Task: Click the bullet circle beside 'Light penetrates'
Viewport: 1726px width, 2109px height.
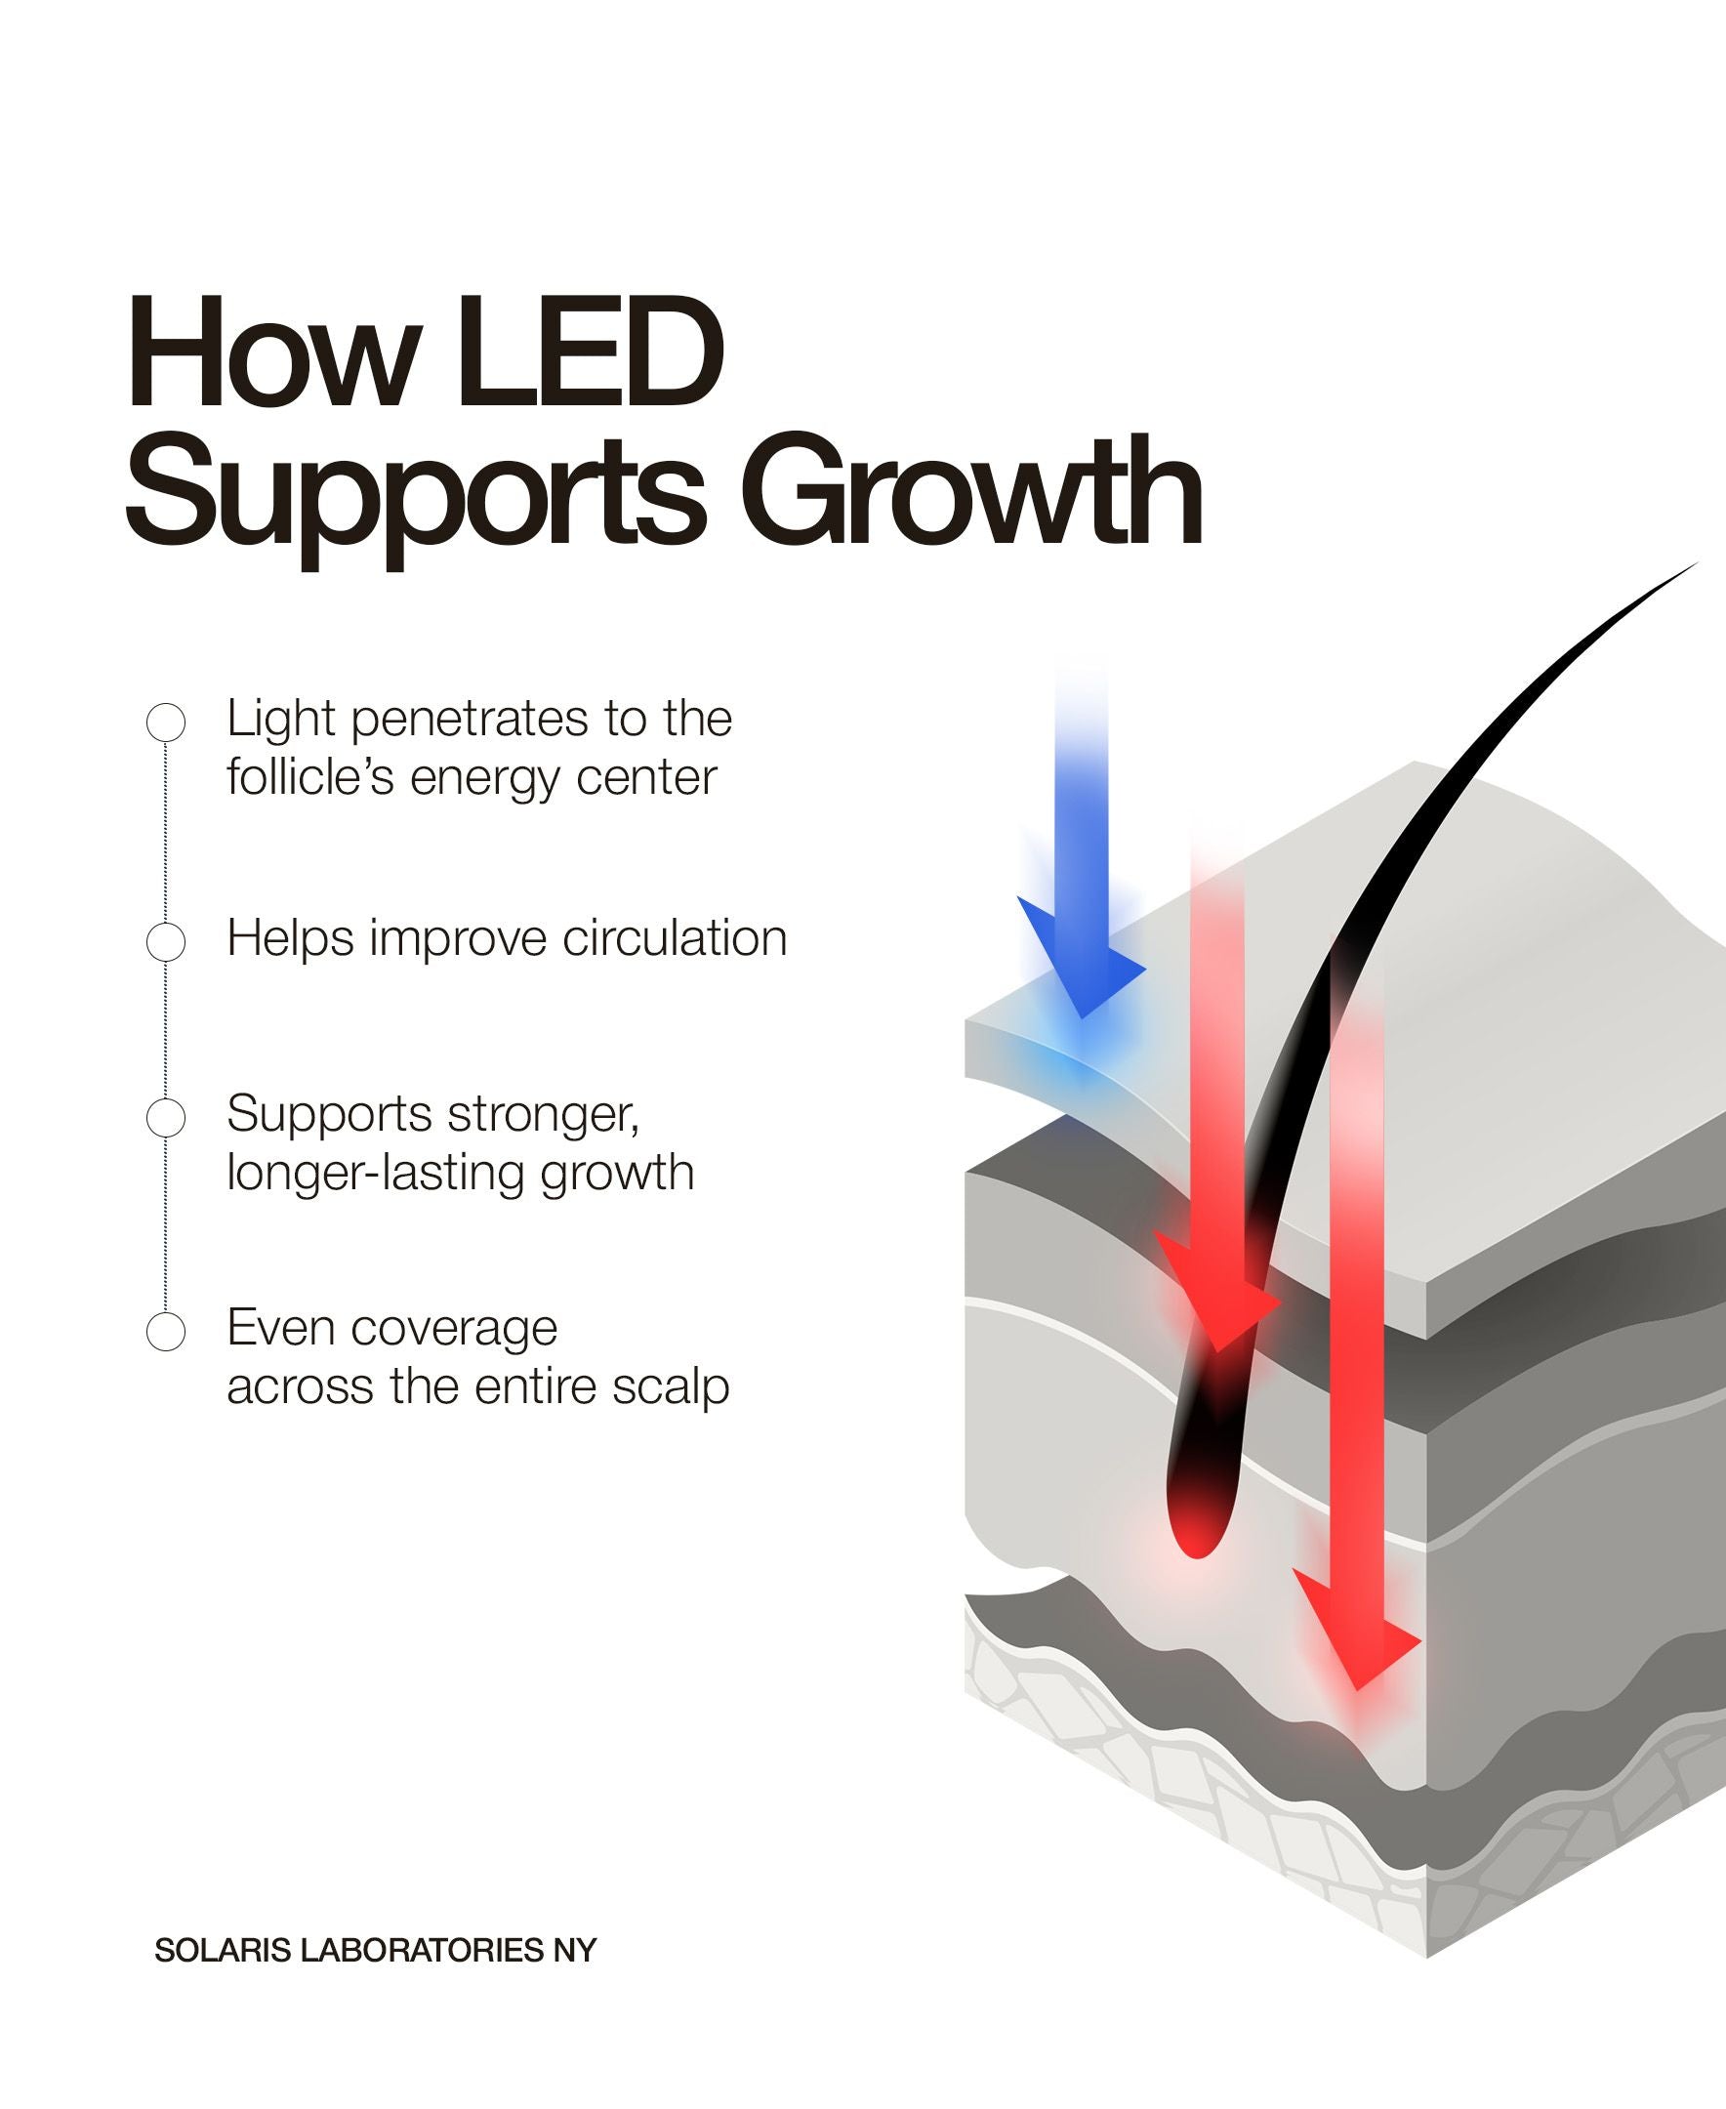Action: [x=166, y=722]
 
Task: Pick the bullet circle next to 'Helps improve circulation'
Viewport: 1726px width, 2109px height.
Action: [x=166, y=940]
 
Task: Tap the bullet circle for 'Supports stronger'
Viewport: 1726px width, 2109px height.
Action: [x=166, y=1118]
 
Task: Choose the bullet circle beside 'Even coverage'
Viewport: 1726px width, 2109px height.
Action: [x=166, y=1332]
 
